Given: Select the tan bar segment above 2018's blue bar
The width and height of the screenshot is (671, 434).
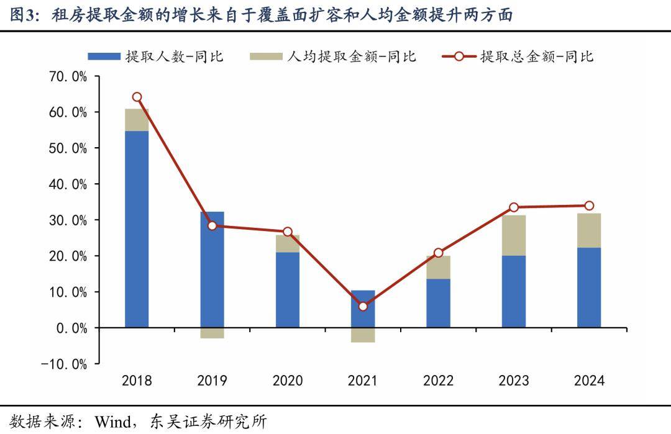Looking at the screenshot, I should click(x=137, y=120).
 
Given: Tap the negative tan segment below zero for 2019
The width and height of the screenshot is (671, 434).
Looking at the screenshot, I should click(x=212, y=333).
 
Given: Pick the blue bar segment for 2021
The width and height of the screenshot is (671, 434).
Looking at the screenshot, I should click(x=363, y=309).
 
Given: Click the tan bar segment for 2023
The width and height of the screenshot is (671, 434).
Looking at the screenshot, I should click(x=514, y=235).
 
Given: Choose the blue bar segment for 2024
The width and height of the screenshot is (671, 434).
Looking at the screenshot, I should click(x=589, y=287).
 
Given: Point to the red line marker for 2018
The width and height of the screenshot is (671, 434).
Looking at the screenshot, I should click(x=137, y=97).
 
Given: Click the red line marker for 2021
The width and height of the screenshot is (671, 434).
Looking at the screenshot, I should click(x=363, y=306).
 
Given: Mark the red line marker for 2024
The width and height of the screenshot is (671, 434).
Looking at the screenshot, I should click(x=589, y=206).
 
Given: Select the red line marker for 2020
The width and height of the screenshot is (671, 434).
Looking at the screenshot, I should click(x=288, y=232).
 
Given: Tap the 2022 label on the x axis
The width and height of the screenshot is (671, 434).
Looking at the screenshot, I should click(x=439, y=381).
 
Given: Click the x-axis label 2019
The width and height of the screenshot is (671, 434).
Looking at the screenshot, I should click(x=212, y=381).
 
